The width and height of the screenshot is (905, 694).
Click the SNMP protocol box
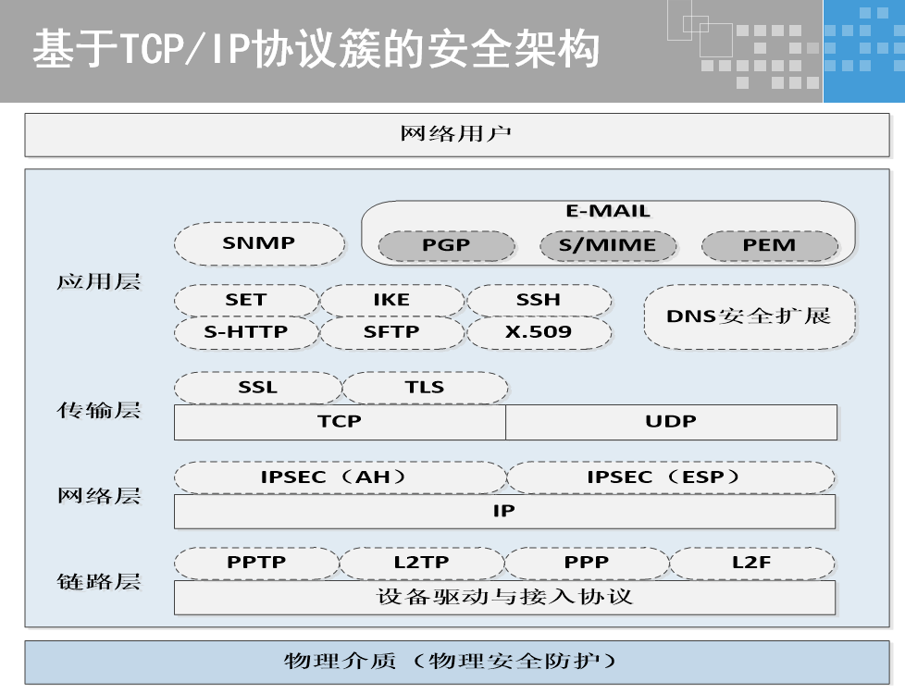(x=259, y=244)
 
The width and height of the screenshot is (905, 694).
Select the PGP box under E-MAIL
(x=446, y=246)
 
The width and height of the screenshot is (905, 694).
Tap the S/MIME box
(x=607, y=246)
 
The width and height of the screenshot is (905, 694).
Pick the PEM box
(x=769, y=246)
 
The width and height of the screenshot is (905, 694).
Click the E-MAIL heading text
(x=608, y=212)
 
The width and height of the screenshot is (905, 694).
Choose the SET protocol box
(x=246, y=300)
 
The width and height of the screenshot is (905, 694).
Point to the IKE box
(x=391, y=300)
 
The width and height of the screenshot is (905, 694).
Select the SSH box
(x=539, y=300)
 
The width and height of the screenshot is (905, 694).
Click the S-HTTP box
(x=246, y=331)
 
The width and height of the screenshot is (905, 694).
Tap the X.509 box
(x=539, y=331)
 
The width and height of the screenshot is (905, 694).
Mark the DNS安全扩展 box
(x=749, y=316)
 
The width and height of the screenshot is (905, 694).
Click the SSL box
(x=257, y=388)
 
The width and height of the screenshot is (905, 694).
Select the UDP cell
(x=671, y=422)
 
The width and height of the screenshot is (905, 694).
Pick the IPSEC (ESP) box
(x=670, y=477)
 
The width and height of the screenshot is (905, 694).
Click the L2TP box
(x=421, y=563)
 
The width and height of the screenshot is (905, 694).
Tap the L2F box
(x=751, y=563)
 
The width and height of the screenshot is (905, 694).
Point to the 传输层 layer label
(x=99, y=410)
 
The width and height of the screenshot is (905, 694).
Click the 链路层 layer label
(x=99, y=581)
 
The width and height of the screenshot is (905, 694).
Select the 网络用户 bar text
(x=456, y=134)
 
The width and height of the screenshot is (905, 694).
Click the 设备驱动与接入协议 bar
(x=504, y=597)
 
